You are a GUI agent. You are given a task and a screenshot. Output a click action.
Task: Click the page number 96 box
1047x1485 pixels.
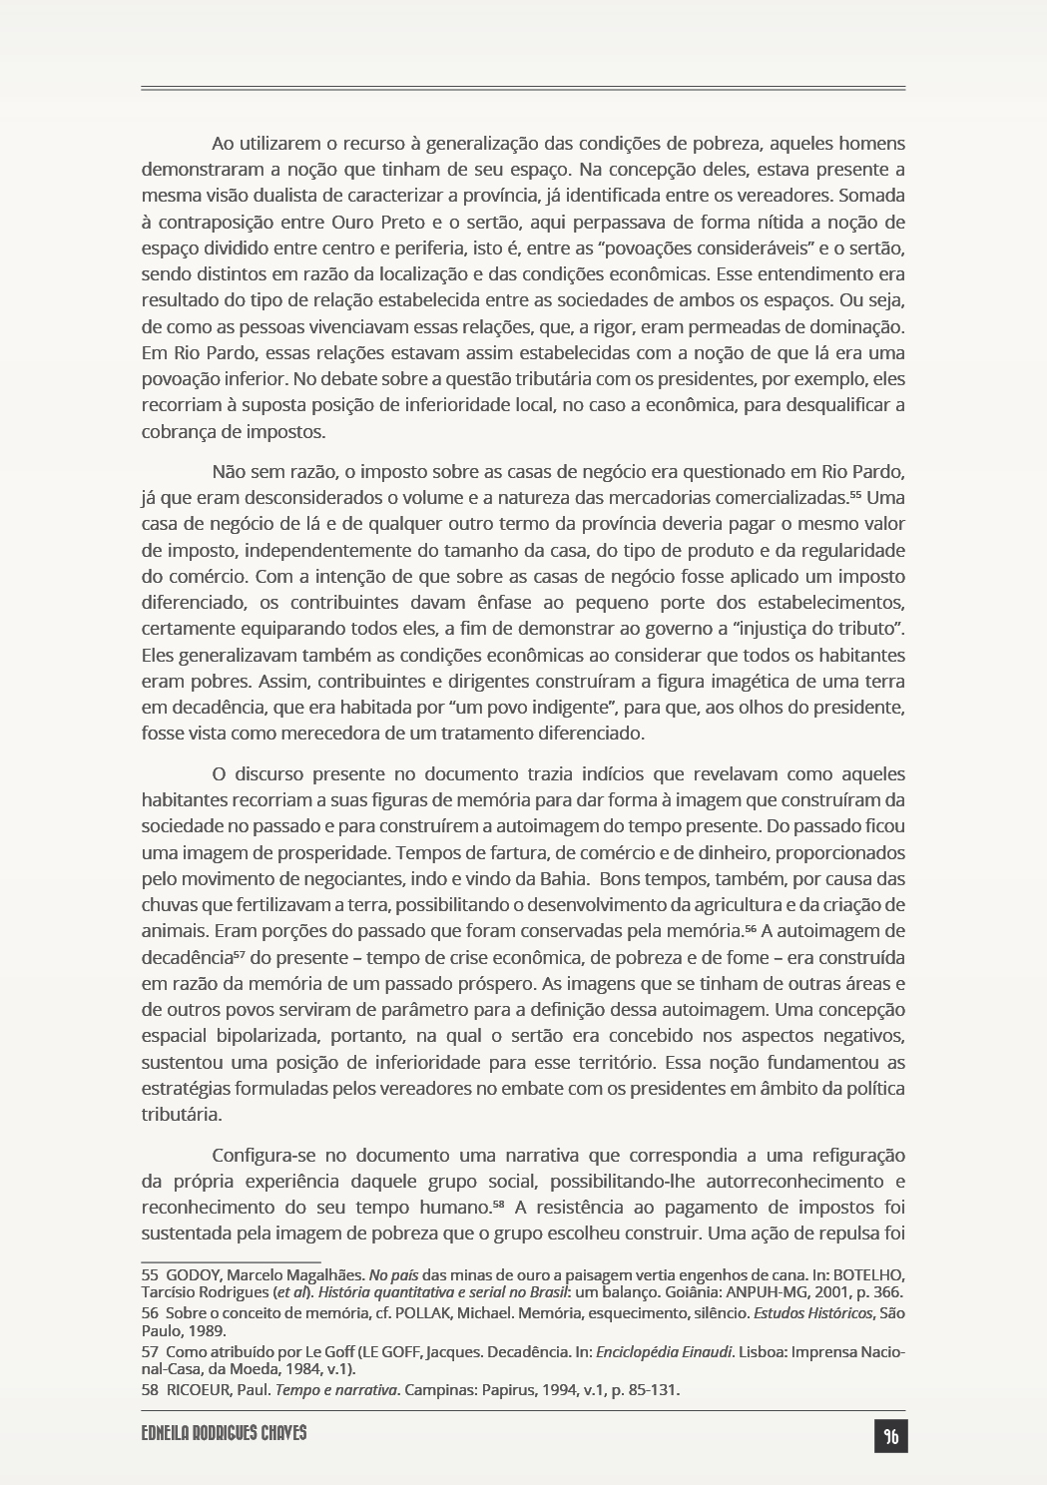pyautogui.click(x=890, y=1436)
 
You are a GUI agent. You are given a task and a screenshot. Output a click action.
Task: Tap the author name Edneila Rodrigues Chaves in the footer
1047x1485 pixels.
pyautogui.click(x=224, y=1433)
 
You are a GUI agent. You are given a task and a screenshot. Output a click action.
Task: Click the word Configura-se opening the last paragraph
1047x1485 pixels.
pyautogui.click(x=262, y=1155)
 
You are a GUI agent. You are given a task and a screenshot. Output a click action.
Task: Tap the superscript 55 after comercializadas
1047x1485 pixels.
pyautogui.click(x=855, y=494)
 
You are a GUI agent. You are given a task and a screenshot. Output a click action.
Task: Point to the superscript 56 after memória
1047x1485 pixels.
pyautogui.click(x=753, y=927)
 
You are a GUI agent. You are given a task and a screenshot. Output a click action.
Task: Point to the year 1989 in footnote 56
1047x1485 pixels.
pyautogui.click(x=211, y=1330)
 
